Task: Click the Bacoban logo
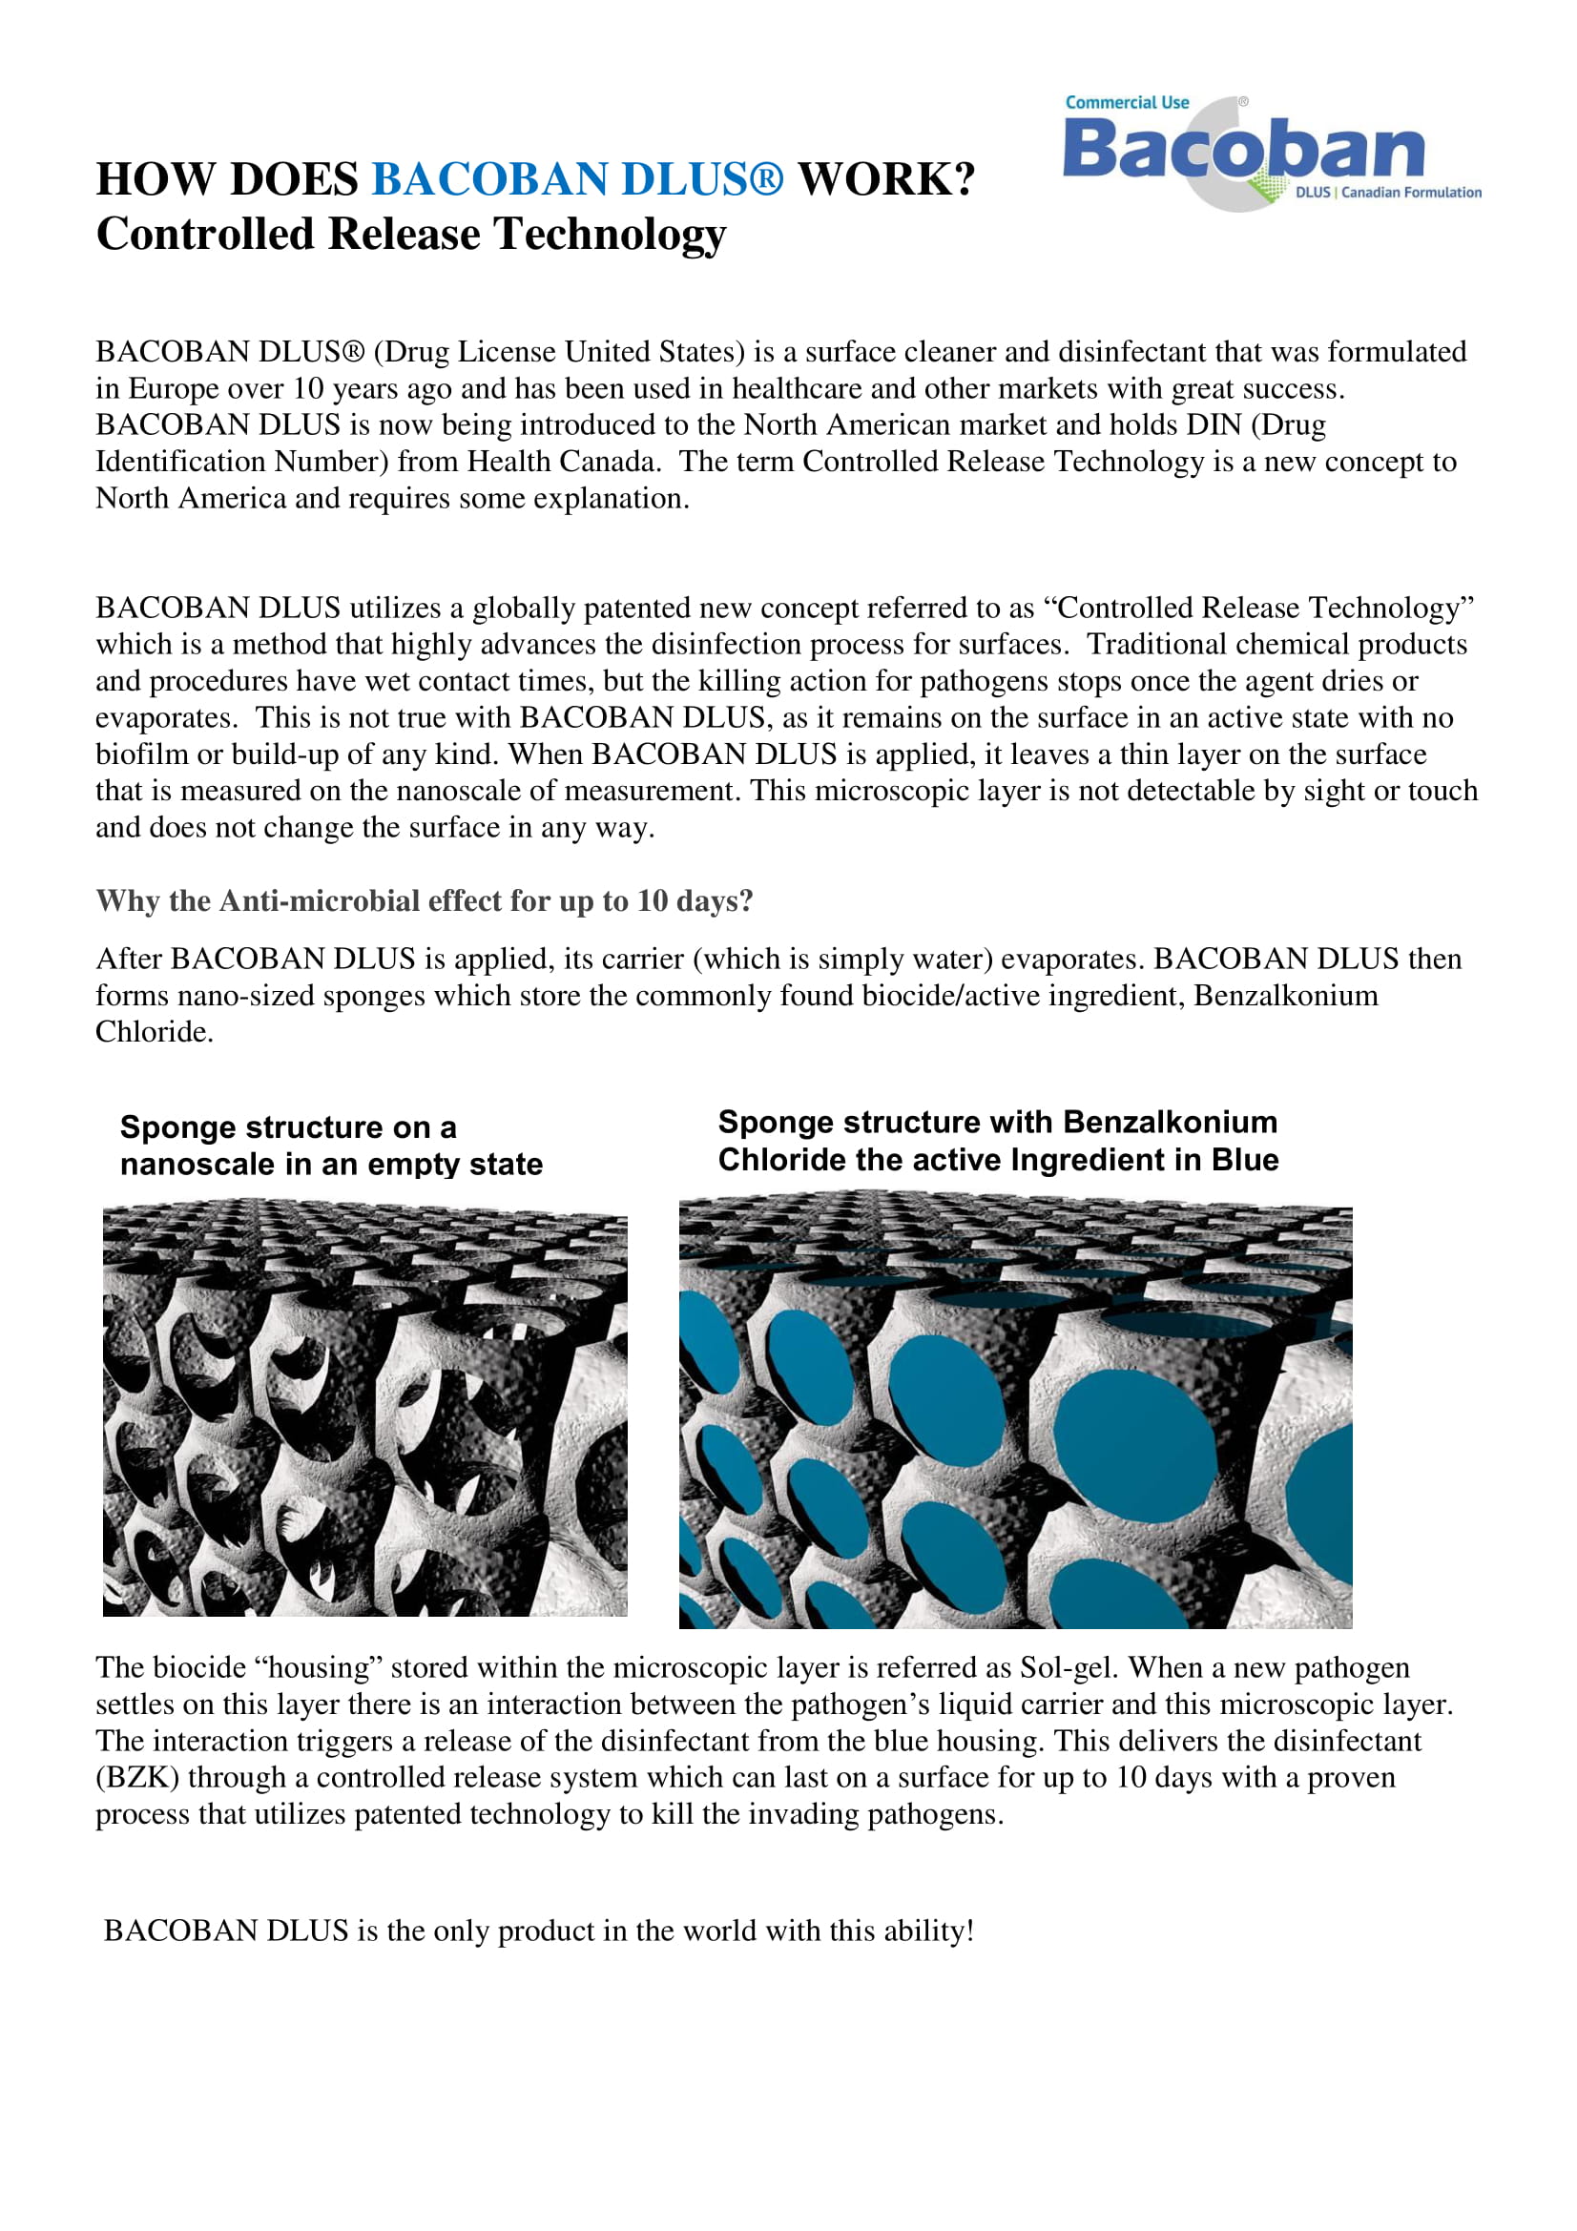pos(1243,152)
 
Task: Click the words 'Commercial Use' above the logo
pos(1126,103)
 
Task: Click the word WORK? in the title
pos(885,179)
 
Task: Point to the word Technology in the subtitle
pos(610,235)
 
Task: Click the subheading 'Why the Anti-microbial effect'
pos(424,900)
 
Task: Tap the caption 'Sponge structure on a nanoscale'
pos(330,1145)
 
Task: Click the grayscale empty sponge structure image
pos(364,1410)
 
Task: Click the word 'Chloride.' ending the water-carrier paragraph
pos(154,1032)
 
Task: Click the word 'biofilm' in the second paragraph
pos(139,754)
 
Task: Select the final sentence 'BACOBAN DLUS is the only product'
pos(538,1931)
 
